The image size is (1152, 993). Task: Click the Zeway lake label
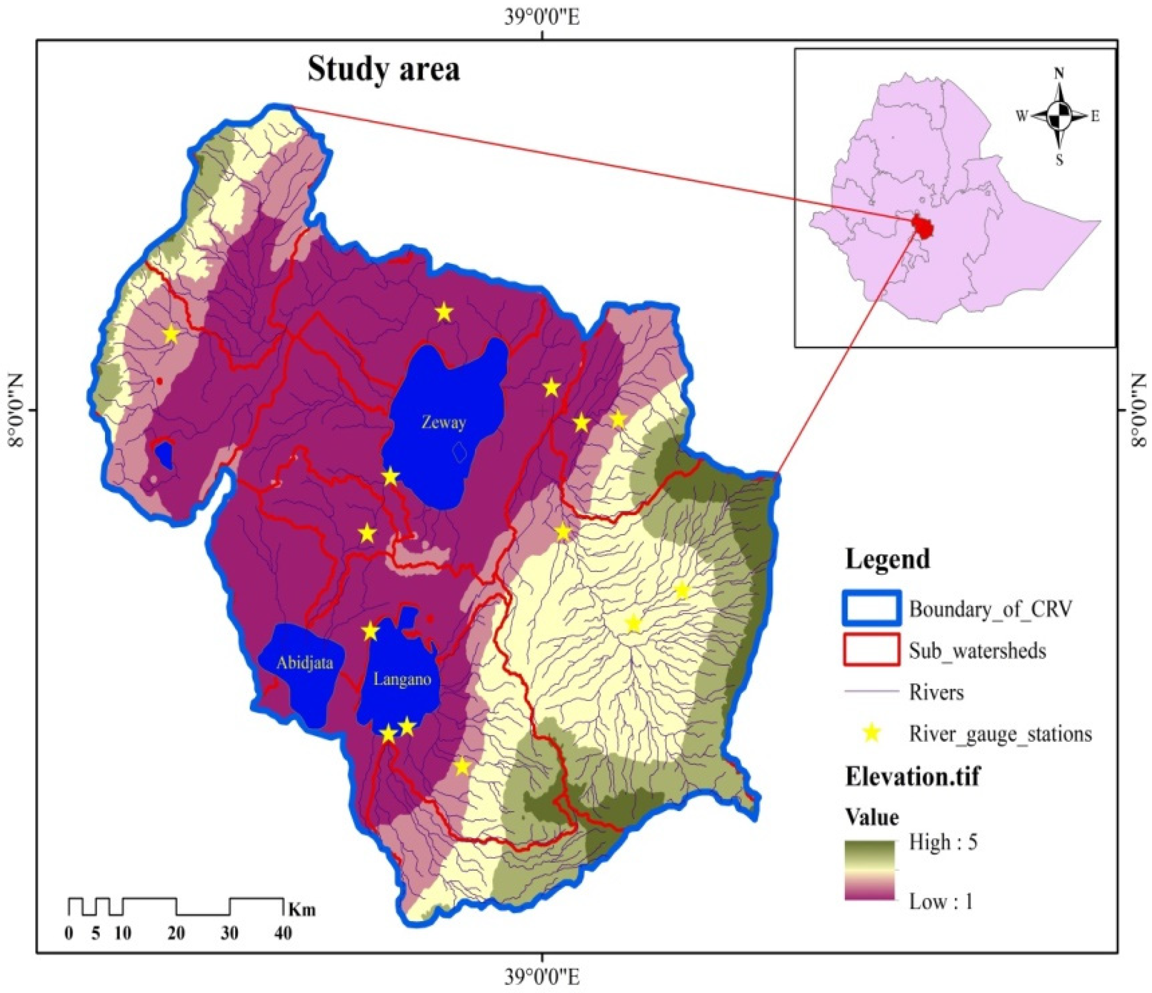[443, 423]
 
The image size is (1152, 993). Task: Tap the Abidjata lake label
[305, 663]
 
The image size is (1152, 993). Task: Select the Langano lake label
[402, 680]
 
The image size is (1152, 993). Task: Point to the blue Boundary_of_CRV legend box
[871, 609]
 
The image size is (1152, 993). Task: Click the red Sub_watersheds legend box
[871, 650]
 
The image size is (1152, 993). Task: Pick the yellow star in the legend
[872, 734]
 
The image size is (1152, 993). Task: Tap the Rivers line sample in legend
[871, 692]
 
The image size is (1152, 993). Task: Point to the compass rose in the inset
[1059, 116]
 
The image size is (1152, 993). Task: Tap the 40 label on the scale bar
[283, 933]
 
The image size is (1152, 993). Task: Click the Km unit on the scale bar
[302, 910]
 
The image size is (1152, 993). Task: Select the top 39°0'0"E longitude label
[542, 18]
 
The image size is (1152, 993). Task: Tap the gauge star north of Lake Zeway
[444, 313]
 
